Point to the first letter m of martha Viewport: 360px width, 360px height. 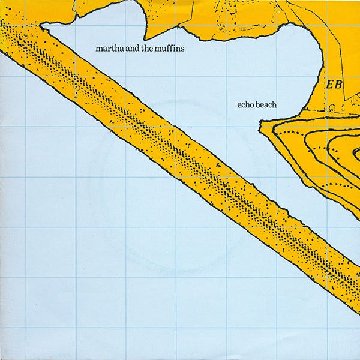point(98,49)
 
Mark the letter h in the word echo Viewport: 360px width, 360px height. point(248,103)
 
